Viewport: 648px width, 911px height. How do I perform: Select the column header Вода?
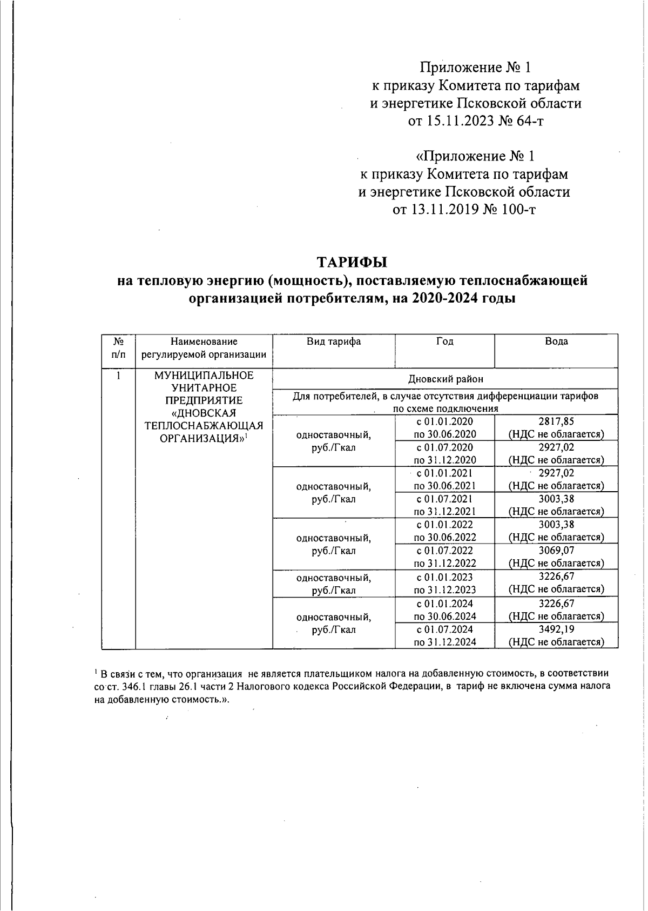tap(556, 341)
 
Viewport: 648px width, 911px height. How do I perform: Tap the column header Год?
tap(444, 341)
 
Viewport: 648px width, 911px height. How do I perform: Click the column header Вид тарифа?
tap(334, 341)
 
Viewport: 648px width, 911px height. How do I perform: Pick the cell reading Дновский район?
tap(445, 379)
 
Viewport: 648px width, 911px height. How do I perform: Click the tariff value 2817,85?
tap(556, 421)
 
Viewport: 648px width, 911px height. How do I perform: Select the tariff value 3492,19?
tap(556, 629)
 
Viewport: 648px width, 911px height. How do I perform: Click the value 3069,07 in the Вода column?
tap(556, 551)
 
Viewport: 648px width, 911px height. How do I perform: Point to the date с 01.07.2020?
tap(444, 447)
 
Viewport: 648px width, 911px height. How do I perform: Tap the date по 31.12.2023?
tap(444, 590)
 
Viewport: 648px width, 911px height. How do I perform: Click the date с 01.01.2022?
tap(444, 525)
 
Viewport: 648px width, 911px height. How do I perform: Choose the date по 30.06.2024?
tap(444, 616)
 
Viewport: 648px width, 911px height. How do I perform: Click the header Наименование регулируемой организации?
tap(204, 348)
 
